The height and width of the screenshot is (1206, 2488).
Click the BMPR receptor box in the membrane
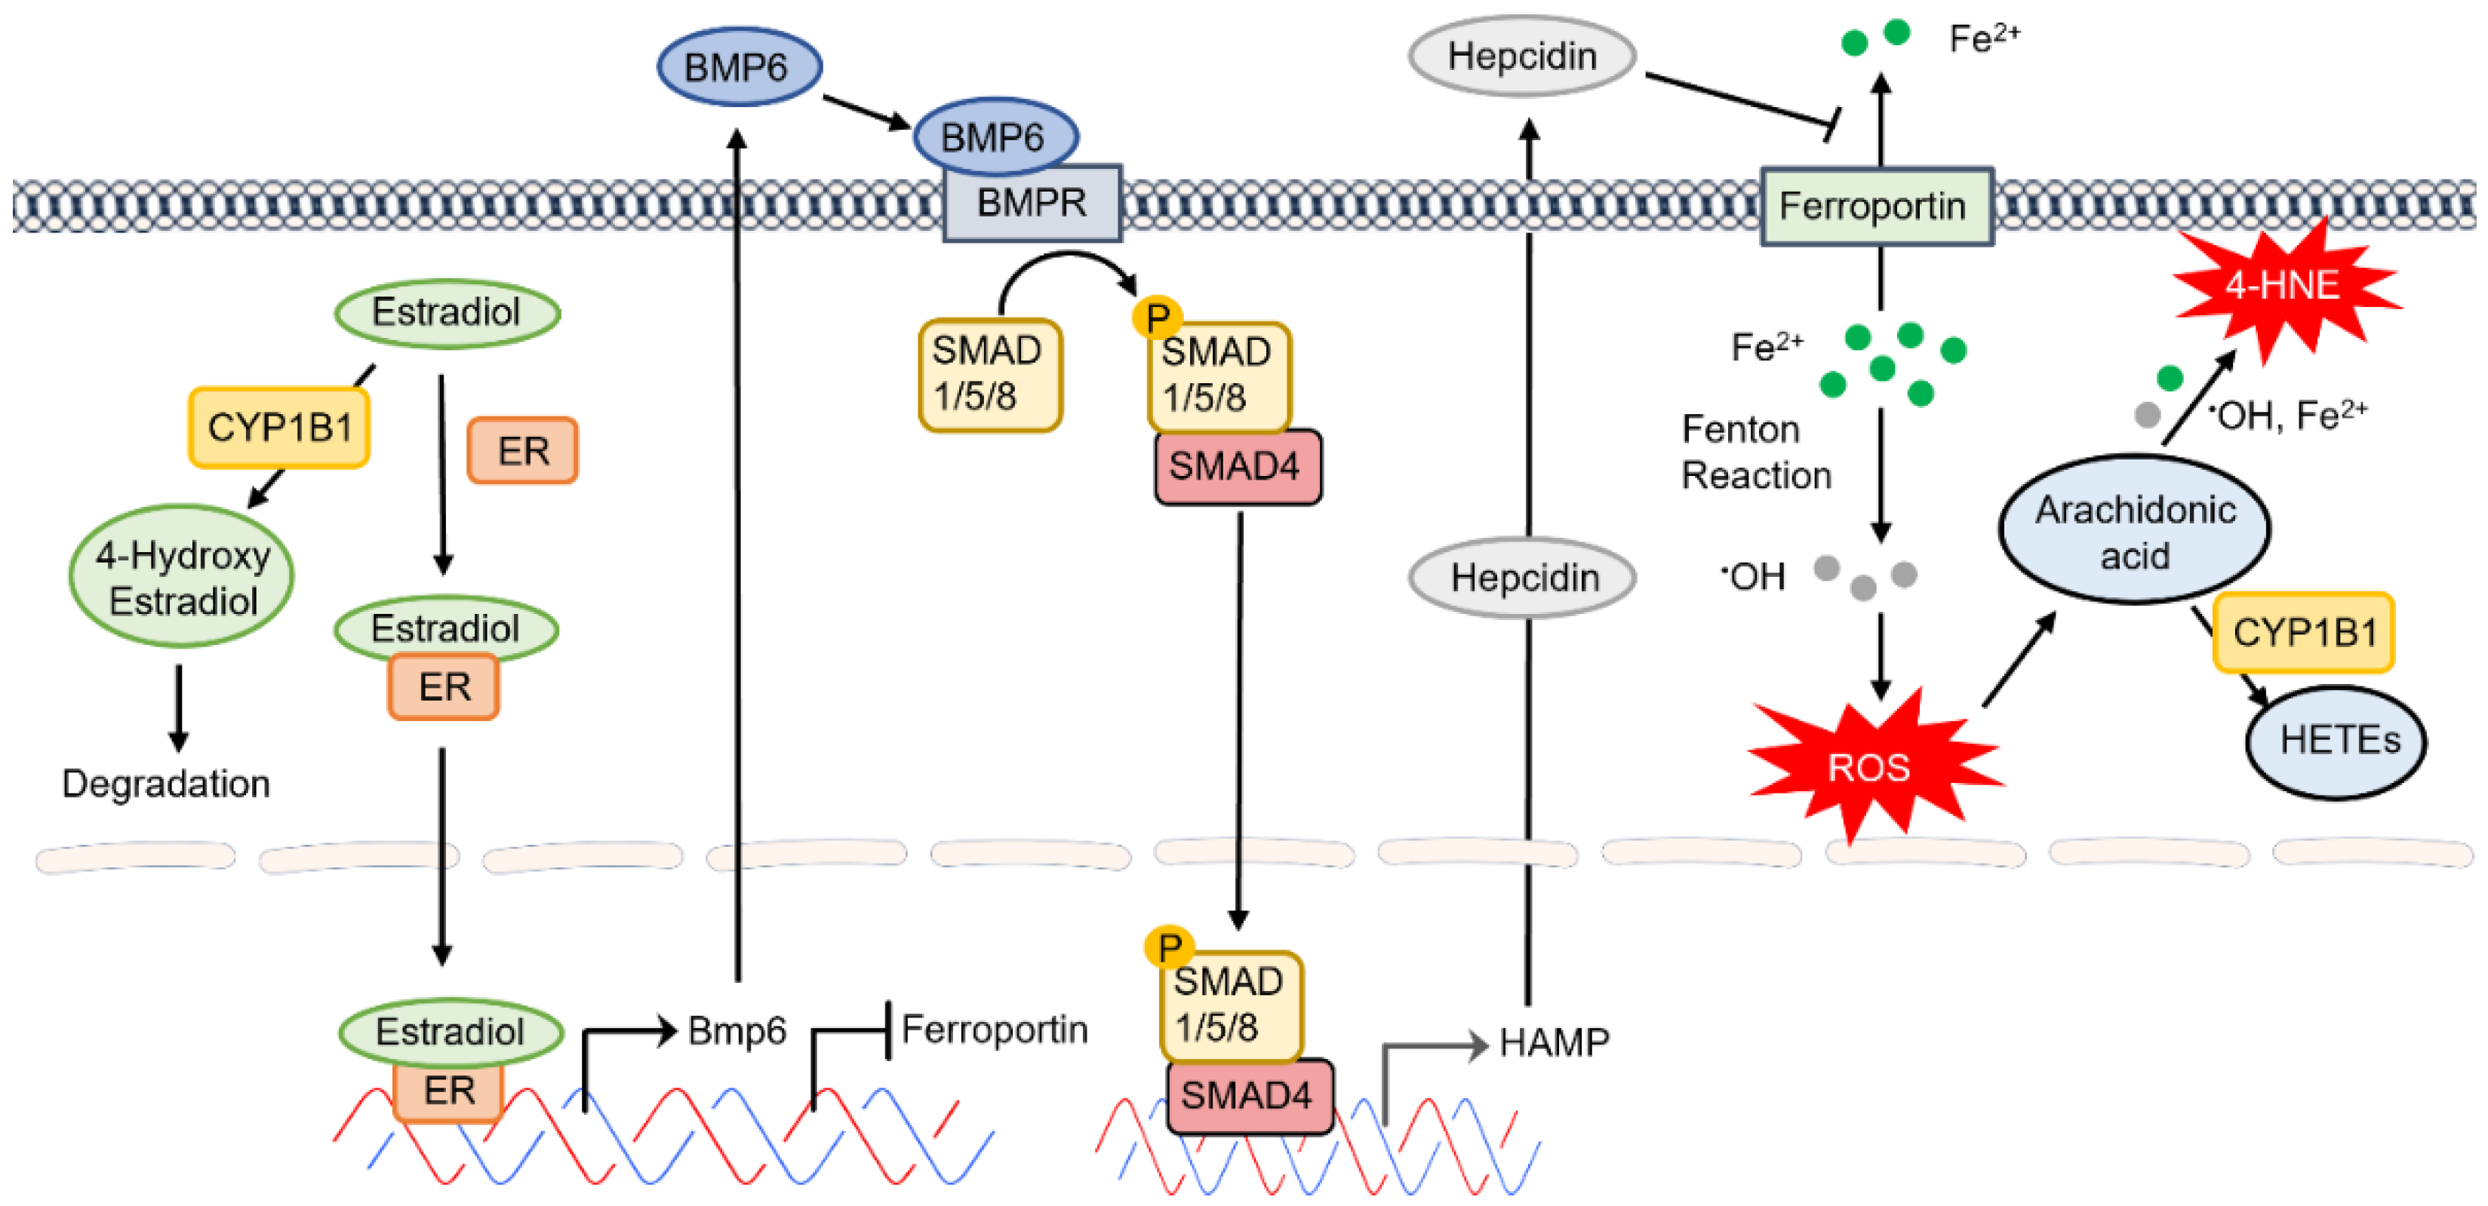pyautogui.click(x=1032, y=203)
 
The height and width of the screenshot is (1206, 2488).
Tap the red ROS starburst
pyautogui.click(x=1869, y=768)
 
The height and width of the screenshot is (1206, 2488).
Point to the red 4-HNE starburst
pyautogui.click(x=2281, y=286)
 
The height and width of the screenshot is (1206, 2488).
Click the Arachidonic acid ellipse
pyautogui.click(x=2135, y=531)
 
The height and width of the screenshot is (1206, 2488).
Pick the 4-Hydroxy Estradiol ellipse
pyautogui.click(x=182, y=578)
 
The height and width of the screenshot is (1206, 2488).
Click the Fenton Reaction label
pyautogui.click(x=1756, y=452)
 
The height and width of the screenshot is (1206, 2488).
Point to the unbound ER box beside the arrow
pyautogui.click(x=522, y=451)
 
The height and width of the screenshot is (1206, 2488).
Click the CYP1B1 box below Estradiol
pyautogui.click(x=280, y=428)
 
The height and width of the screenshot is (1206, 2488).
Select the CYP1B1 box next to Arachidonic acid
pyautogui.click(x=2305, y=634)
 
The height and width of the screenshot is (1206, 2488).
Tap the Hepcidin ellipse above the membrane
pyautogui.click(x=1521, y=56)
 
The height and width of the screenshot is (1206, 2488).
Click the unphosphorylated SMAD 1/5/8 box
pyautogui.click(x=989, y=375)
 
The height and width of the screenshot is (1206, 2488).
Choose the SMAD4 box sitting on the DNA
pyautogui.click(x=1248, y=1096)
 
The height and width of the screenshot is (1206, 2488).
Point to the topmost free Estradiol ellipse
pyautogui.click(x=446, y=313)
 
